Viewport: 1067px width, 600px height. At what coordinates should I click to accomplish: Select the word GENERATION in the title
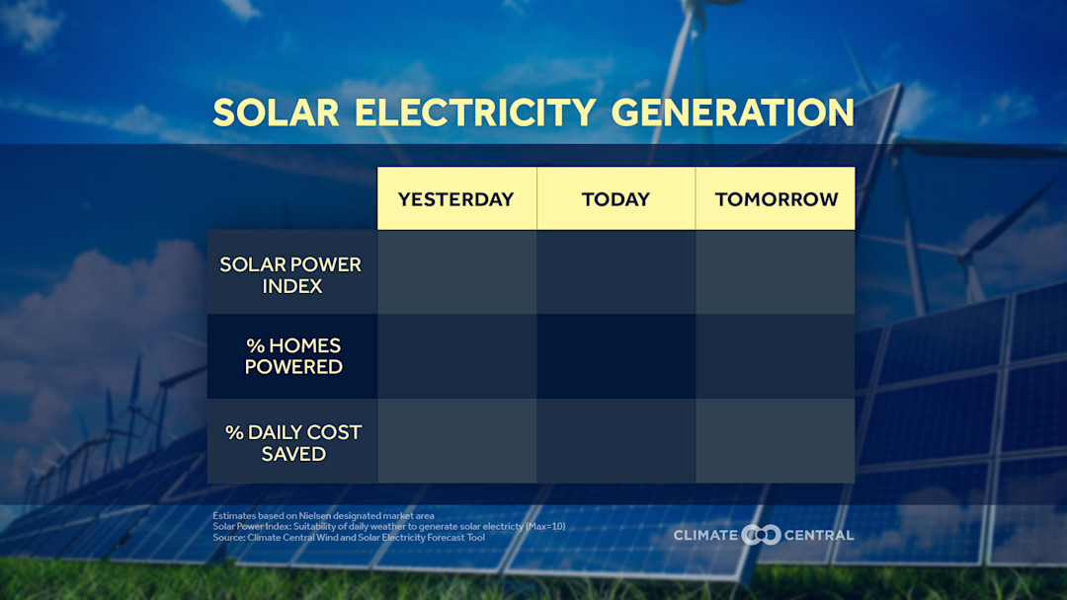(x=733, y=112)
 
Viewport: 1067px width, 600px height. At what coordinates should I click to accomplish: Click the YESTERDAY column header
(x=456, y=198)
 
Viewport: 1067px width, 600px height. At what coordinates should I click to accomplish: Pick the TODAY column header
(x=616, y=198)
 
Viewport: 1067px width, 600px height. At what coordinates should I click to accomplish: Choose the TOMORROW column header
(x=776, y=198)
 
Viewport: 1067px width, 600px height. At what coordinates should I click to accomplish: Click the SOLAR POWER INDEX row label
(x=291, y=275)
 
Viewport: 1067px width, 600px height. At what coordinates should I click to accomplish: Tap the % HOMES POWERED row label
(x=293, y=356)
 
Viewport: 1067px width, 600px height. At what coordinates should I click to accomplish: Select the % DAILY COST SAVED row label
(x=293, y=442)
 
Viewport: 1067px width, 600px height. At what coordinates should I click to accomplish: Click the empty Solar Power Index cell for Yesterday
(x=456, y=272)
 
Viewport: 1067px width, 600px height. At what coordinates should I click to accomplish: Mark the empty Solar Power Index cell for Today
(x=616, y=272)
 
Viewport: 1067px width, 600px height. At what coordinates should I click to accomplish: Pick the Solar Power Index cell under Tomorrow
(x=776, y=272)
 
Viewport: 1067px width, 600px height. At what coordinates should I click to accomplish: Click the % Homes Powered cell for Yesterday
(x=456, y=356)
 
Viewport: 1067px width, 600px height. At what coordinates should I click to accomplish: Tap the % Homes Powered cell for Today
(x=616, y=356)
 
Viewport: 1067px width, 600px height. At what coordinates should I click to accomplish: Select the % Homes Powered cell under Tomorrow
(x=776, y=356)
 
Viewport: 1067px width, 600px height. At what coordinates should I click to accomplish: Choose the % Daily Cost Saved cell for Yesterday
(x=456, y=441)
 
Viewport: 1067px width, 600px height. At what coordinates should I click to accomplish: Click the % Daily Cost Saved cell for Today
(x=616, y=441)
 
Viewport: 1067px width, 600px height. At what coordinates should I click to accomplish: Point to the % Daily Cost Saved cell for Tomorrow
(x=776, y=441)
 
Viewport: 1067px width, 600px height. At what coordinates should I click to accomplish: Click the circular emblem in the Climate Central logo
(x=761, y=535)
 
